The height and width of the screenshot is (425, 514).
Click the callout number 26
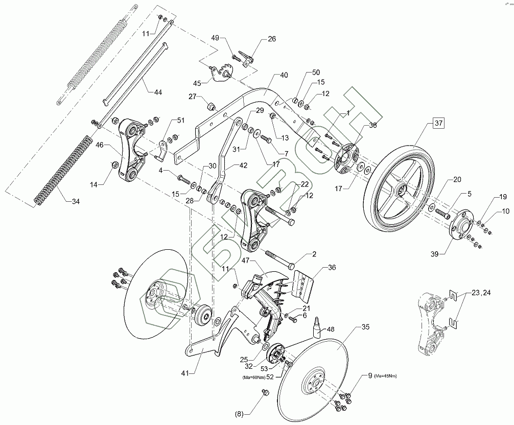[270, 39]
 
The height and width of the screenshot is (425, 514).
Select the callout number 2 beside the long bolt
[314, 254]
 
